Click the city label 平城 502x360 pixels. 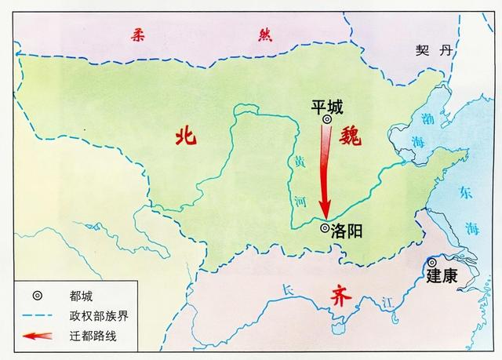pos(327,105)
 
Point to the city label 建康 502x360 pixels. pos(442,276)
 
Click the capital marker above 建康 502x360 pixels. pos(431,262)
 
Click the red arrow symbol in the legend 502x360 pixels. pos(33,337)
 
